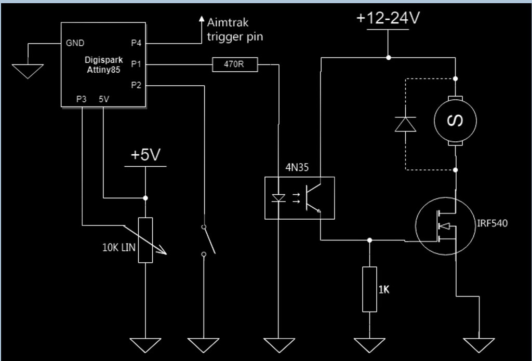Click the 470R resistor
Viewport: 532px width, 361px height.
pyautogui.click(x=235, y=64)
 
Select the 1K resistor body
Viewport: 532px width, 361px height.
pyautogui.click(x=369, y=289)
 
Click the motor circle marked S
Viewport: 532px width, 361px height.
pyautogui.click(x=456, y=121)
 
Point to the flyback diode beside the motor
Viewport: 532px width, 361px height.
pyautogui.click(x=405, y=124)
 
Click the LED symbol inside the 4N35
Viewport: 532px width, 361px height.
pyautogui.click(x=279, y=198)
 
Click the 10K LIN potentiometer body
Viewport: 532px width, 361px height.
pyautogui.click(x=145, y=240)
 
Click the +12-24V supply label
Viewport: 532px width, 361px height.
pyautogui.click(x=388, y=18)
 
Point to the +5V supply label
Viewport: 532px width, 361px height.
pyautogui.click(x=145, y=155)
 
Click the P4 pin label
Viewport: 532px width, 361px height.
pyautogui.click(x=136, y=43)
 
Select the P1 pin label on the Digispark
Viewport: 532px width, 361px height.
pyautogui.click(x=136, y=64)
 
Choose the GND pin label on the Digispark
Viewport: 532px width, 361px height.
pyautogui.click(x=75, y=43)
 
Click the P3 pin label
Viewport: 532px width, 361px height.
pyautogui.click(x=81, y=99)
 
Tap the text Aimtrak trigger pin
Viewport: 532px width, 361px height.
pyautogui.click(x=235, y=30)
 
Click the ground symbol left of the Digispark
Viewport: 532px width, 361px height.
pyautogui.click(x=28, y=71)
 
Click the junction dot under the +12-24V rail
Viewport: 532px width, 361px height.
pyautogui.click(x=388, y=57)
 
